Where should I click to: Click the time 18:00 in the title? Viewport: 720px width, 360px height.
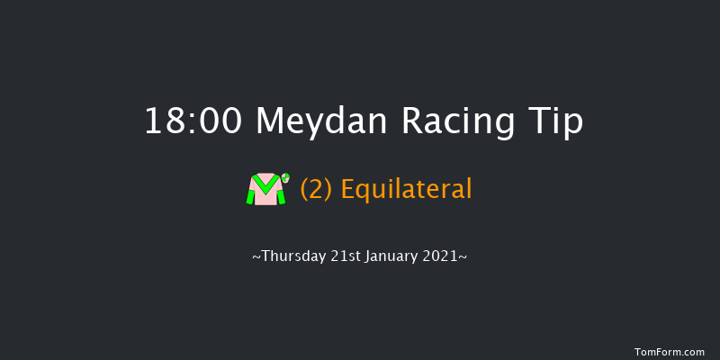click(193, 121)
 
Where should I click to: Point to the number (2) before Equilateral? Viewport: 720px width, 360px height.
click(315, 190)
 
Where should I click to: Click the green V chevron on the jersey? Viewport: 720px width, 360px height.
click(265, 184)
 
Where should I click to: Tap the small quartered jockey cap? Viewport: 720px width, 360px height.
click(285, 177)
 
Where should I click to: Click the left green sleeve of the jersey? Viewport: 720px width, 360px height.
click(251, 195)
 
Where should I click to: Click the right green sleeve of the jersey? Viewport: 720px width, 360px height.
click(280, 195)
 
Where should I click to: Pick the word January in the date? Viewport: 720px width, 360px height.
click(392, 257)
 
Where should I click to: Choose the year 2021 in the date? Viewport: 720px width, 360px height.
click(444, 257)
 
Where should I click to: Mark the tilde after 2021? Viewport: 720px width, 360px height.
click(463, 257)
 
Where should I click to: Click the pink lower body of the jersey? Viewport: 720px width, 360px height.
click(265, 198)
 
